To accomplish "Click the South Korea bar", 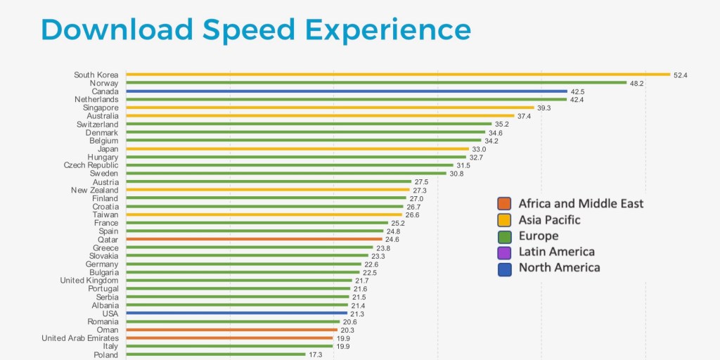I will click(397, 75).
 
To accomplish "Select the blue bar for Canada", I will click(346, 91).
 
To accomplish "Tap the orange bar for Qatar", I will click(254, 239).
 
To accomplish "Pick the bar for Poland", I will click(216, 355).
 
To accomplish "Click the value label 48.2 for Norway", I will click(636, 83).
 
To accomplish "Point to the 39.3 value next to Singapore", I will click(544, 108).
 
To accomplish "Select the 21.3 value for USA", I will click(357, 314).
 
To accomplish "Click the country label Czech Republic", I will click(91, 165).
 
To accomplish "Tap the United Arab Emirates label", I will click(80, 338).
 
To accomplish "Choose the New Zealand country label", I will click(95, 190).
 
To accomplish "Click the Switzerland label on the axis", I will click(98, 124).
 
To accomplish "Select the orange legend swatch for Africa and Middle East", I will click(504, 204).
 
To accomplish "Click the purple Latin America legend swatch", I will click(504, 252).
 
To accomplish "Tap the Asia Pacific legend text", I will click(550, 220).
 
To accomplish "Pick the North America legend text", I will click(560, 268).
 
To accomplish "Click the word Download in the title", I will click(117, 30).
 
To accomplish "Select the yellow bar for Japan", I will click(297, 149).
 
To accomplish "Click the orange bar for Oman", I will click(231, 330).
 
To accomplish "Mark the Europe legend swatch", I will click(504, 236).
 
